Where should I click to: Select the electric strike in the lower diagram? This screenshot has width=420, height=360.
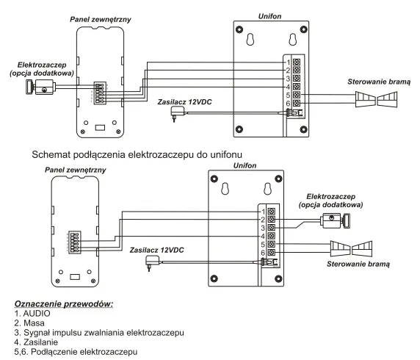tap(336, 220)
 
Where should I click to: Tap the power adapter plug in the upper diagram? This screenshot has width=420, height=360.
tap(177, 113)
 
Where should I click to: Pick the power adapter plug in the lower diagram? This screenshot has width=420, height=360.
tap(152, 263)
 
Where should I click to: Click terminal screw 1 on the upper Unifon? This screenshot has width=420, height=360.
tap(296, 62)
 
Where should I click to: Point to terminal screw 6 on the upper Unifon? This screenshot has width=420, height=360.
tap(296, 103)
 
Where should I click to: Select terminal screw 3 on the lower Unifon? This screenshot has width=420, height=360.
tap(272, 228)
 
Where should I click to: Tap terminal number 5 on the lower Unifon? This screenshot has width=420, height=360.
tap(263, 245)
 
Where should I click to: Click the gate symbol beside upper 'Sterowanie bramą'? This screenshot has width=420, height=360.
tap(377, 99)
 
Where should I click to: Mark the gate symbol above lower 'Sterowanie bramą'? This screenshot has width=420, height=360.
tap(351, 249)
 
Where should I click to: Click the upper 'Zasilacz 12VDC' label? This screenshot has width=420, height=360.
tap(184, 102)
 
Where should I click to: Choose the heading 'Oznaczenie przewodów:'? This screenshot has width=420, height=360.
tap(64, 304)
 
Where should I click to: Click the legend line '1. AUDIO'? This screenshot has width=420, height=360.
tap(32, 314)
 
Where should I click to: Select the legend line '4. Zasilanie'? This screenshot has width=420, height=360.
tap(36, 342)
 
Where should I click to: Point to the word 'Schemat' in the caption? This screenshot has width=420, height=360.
tap(51, 155)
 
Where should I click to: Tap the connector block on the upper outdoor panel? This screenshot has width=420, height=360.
tap(100, 93)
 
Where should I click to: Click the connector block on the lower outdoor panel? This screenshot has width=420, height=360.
tap(75, 242)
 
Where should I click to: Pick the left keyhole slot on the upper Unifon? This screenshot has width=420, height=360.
tap(250, 40)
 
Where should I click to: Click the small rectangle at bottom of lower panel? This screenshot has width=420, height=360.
tap(75, 277)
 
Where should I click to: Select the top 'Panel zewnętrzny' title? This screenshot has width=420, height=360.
tap(101, 20)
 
